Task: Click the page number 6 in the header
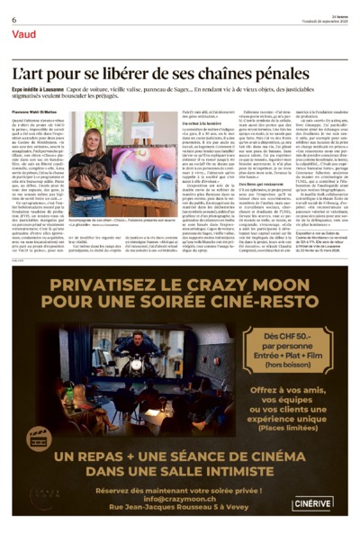pyautogui.click(x=14, y=20)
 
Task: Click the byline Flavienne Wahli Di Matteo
pyautogui.click(x=38, y=113)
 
